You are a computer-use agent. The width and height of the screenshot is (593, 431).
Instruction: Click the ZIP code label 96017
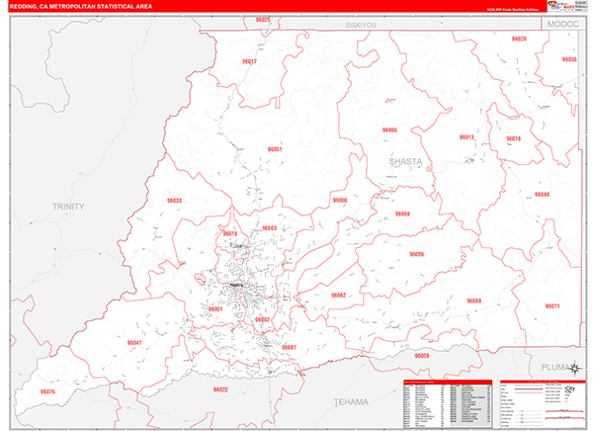[249, 61]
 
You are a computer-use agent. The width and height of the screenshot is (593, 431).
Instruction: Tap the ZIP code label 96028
[519, 39]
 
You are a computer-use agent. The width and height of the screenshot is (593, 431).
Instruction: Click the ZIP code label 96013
[466, 136]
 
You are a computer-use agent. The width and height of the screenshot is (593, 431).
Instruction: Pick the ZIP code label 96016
[513, 138]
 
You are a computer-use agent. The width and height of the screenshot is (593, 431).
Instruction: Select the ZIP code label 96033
[174, 201]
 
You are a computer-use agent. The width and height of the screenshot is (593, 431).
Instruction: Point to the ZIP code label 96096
[416, 254]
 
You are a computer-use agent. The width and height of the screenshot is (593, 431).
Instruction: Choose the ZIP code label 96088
[474, 300]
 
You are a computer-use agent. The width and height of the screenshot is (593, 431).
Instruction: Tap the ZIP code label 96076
[46, 392]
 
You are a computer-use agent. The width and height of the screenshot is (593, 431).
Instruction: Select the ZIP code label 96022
[220, 388]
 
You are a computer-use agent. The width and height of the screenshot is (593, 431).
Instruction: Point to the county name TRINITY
[70, 206]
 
